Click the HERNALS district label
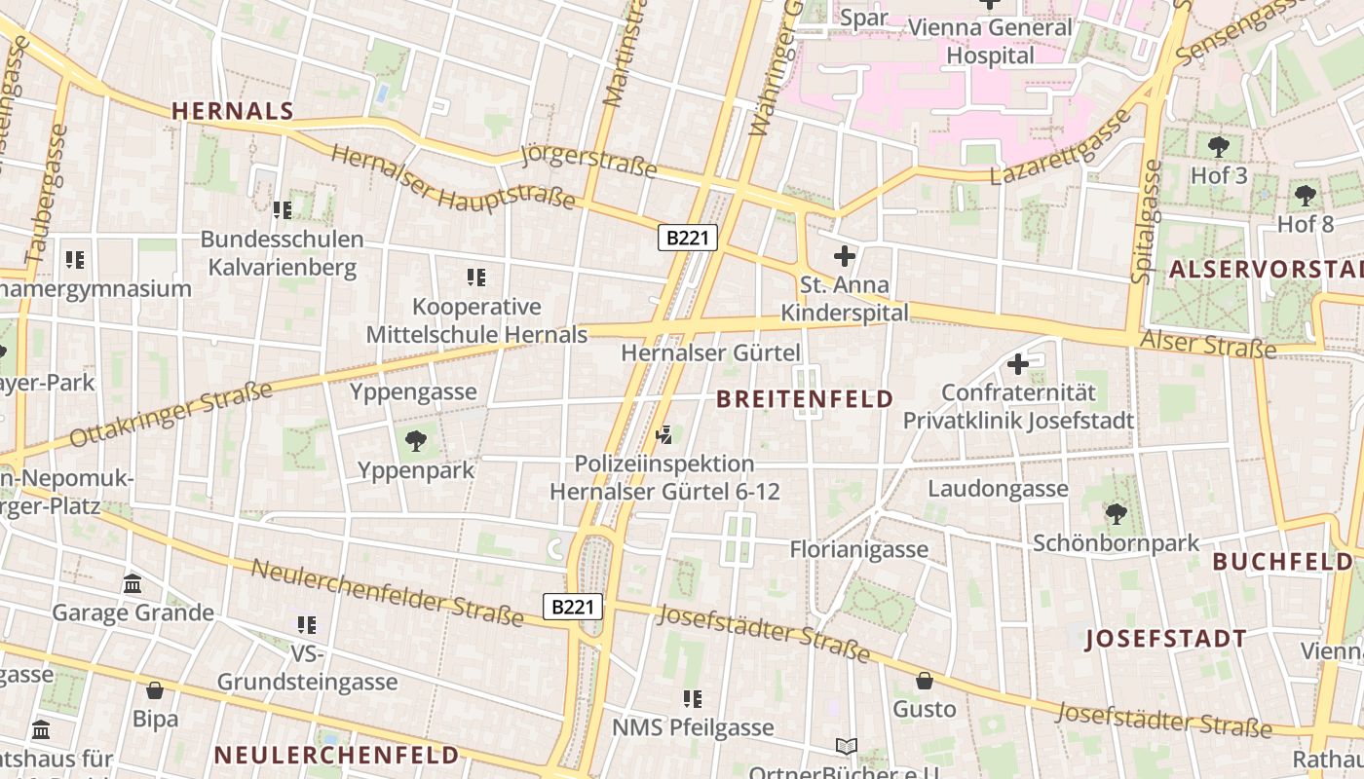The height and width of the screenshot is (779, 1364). (x=233, y=111)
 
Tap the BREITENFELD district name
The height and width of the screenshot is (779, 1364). (x=805, y=398)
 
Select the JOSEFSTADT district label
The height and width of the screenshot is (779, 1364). (x=1165, y=639)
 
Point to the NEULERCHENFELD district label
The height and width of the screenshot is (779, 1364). (x=336, y=755)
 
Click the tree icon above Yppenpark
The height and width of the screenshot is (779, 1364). (x=416, y=441)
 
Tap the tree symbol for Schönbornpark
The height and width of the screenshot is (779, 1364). (x=1116, y=513)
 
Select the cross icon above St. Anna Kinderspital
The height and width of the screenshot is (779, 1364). (x=845, y=257)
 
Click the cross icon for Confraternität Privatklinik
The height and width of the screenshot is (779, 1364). (x=1018, y=364)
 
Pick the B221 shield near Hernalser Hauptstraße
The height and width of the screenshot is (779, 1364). (x=688, y=238)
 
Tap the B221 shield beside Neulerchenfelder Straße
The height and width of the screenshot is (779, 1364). (x=573, y=608)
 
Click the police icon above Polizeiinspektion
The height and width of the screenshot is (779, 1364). (x=665, y=434)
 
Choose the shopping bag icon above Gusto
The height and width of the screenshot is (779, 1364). (x=924, y=680)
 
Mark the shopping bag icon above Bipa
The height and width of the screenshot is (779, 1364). (x=155, y=690)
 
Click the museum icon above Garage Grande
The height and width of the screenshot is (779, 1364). (x=133, y=583)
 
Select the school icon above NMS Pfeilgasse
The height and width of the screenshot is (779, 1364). (x=693, y=698)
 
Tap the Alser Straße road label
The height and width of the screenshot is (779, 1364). (x=1207, y=343)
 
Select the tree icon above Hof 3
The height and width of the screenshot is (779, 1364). (x=1218, y=147)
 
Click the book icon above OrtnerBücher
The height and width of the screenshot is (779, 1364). (x=847, y=747)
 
